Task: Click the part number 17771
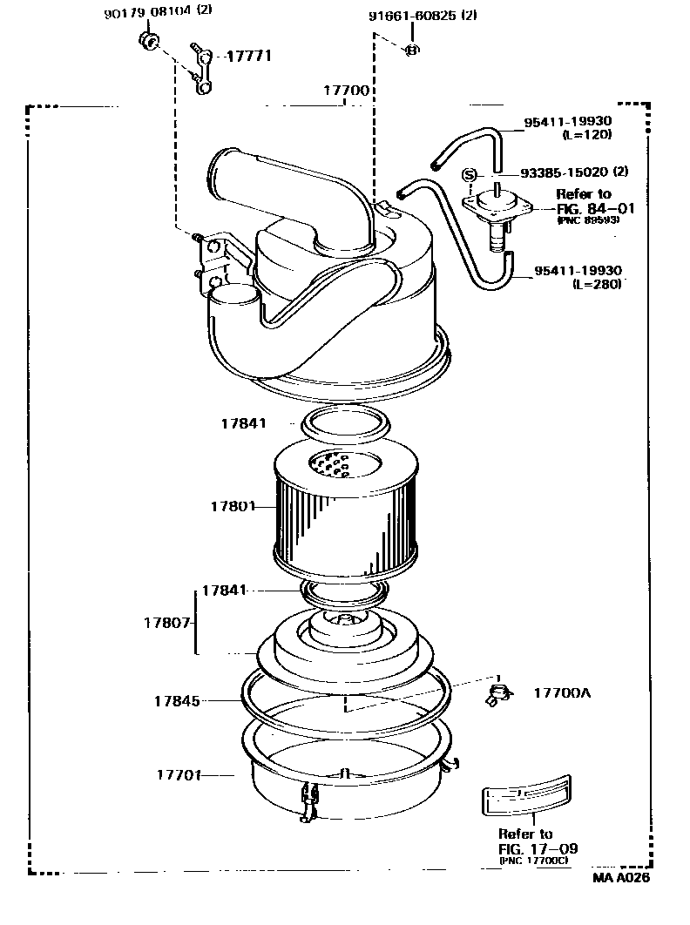click(x=249, y=57)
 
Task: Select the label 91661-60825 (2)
click(x=422, y=16)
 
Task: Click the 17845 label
click(x=177, y=700)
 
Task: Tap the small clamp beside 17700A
click(x=497, y=694)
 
